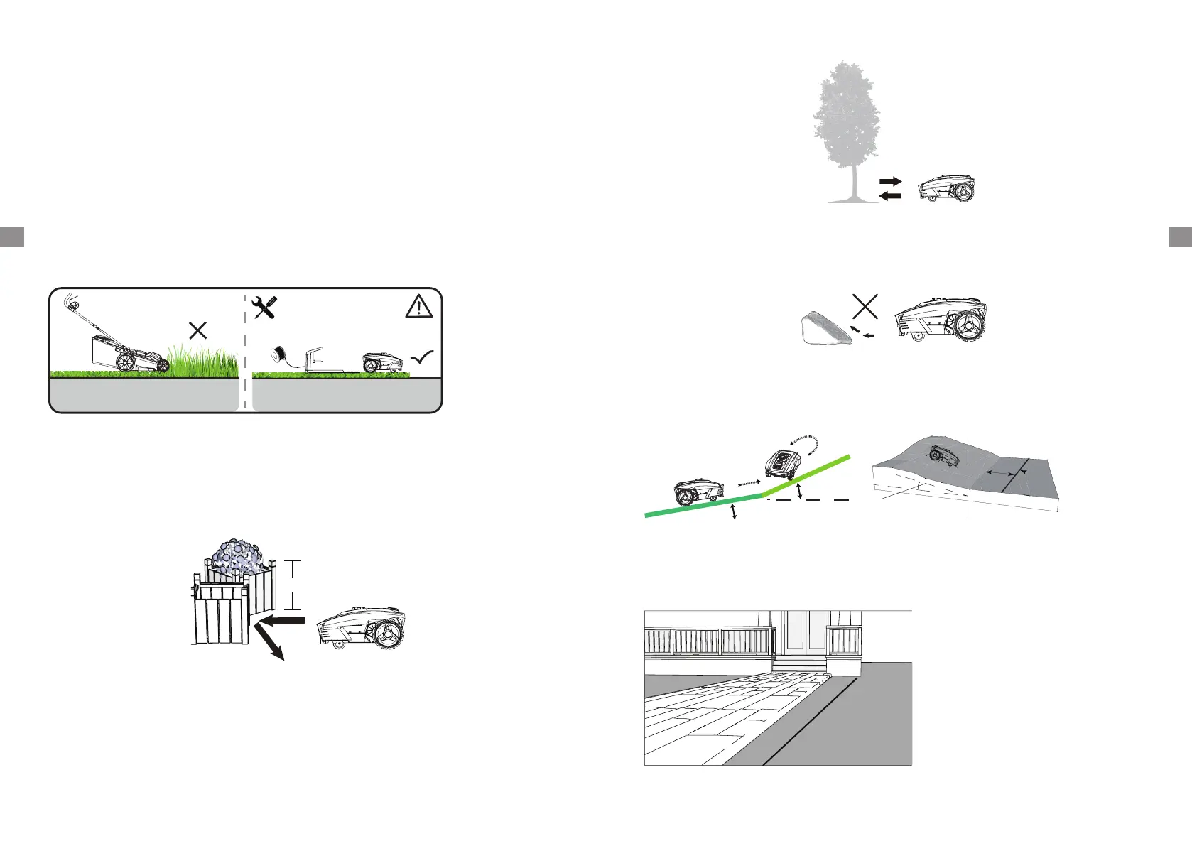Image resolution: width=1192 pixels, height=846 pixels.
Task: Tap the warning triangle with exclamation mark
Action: (x=419, y=306)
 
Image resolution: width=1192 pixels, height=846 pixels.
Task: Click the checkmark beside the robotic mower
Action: (x=422, y=359)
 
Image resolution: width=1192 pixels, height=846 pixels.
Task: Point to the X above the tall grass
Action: (x=197, y=330)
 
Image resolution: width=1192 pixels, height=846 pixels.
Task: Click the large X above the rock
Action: (x=865, y=306)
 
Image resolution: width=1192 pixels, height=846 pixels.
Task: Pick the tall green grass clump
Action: (x=202, y=359)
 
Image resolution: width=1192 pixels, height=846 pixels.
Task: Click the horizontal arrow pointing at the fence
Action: (x=282, y=621)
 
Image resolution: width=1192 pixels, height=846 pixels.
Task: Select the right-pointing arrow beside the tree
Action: (x=891, y=182)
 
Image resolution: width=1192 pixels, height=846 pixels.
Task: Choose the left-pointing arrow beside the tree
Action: (x=891, y=195)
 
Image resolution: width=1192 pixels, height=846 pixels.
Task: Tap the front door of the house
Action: (x=805, y=632)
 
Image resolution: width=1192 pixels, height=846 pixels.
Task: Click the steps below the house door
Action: (x=799, y=664)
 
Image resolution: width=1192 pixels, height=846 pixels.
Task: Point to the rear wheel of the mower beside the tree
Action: (x=964, y=191)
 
